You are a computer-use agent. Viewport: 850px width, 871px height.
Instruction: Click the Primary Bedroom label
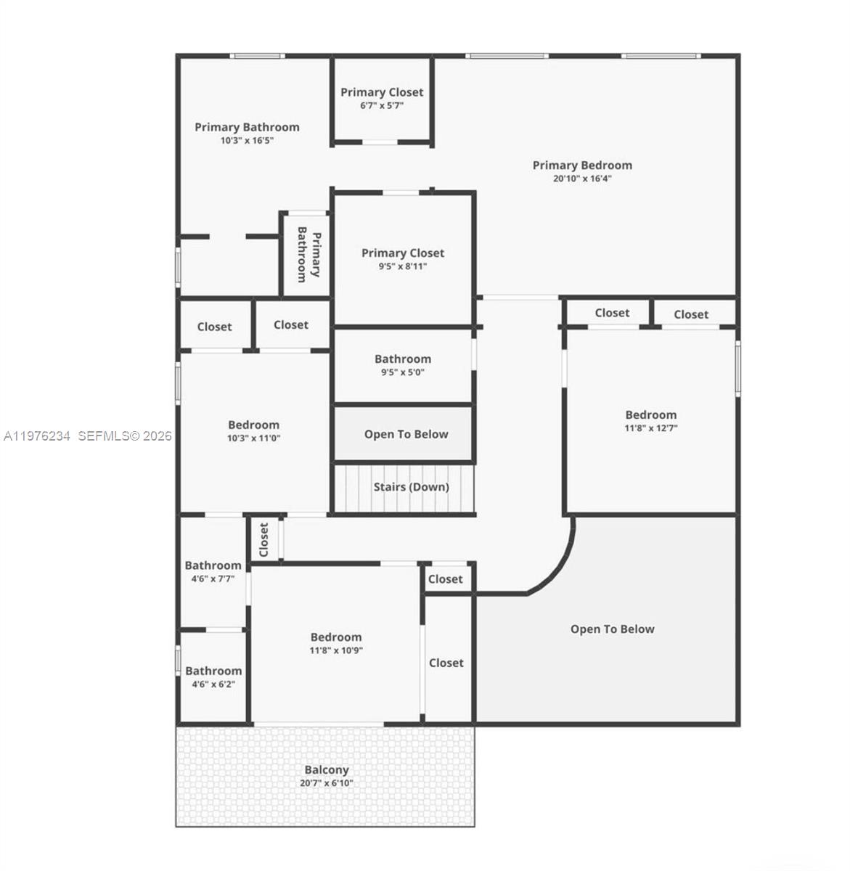(582, 165)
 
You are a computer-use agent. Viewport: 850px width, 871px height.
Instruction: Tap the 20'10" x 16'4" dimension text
(582, 179)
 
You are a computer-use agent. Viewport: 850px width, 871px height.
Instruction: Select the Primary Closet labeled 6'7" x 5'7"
(382, 93)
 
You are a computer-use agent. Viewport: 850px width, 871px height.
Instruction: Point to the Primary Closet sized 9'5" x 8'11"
(403, 253)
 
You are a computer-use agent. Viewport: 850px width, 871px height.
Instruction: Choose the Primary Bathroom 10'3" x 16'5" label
(247, 128)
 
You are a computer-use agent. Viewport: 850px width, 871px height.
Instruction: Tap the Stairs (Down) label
(411, 487)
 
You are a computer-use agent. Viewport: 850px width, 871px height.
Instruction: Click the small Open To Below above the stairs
(406, 434)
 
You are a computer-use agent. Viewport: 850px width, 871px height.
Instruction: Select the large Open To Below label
(612, 629)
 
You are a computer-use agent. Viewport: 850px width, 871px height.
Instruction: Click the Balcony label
(326, 770)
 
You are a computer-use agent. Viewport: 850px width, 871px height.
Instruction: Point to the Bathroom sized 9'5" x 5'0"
(403, 359)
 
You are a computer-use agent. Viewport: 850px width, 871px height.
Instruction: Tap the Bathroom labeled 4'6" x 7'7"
(213, 566)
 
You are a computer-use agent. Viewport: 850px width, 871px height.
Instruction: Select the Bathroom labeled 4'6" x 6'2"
(213, 671)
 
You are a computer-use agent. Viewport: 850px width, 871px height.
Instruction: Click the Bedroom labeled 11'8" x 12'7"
(650, 415)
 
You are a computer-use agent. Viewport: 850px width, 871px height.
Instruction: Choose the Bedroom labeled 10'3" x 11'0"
(253, 425)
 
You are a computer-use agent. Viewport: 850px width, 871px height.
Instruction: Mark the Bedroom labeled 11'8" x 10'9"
(336, 638)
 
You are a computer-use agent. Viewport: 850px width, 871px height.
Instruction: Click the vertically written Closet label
(264, 539)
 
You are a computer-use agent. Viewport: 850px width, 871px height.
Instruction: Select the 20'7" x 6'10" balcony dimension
(326, 784)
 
